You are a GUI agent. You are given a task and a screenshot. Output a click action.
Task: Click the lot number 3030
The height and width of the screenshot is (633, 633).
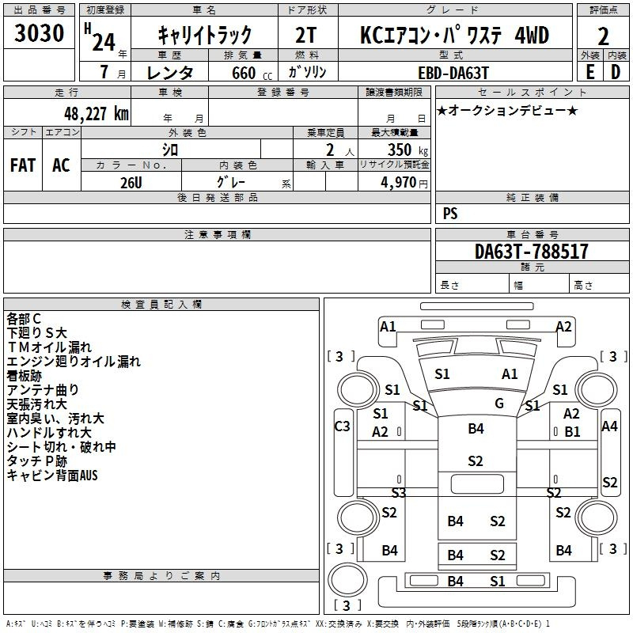tap(39, 32)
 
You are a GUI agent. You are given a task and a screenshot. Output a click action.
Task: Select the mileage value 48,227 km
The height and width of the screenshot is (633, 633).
tap(96, 114)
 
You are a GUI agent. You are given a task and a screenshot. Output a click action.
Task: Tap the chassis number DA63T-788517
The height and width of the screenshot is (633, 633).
tap(531, 251)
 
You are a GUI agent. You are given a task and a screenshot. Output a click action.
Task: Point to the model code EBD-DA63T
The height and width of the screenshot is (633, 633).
tap(453, 73)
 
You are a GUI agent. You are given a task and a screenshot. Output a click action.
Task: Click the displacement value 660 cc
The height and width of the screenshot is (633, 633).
tap(252, 73)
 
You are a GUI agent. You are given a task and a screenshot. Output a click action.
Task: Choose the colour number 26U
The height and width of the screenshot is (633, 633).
tap(131, 183)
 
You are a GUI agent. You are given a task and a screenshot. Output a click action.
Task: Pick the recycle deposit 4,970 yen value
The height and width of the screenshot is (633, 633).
tap(404, 183)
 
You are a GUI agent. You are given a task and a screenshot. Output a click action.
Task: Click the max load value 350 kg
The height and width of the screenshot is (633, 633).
tap(407, 150)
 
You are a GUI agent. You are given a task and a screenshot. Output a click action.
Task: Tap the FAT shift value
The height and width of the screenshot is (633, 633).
tap(23, 165)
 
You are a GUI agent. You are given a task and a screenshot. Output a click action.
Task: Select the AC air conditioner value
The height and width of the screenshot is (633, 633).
tap(61, 165)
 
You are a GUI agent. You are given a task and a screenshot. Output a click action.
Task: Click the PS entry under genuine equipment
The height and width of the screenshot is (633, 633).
tap(450, 213)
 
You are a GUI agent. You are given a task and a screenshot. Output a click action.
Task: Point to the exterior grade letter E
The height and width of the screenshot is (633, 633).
tap(589, 72)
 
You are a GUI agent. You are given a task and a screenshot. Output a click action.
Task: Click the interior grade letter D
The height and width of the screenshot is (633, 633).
tap(616, 72)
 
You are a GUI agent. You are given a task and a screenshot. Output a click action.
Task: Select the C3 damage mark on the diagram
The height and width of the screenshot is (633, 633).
tap(343, 426)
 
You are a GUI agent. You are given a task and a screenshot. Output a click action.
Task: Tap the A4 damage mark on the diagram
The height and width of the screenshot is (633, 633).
tap(609, 426)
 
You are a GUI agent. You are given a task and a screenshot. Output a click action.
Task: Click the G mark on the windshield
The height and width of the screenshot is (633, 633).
tap(499, 404)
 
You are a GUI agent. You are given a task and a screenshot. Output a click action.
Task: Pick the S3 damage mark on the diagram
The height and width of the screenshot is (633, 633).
tap(399, 492)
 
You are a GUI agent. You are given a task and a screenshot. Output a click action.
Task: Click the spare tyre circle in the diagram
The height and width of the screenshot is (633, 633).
tap(347, 580)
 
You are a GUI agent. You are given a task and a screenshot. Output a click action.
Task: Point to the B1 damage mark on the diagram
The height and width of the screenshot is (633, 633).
tap(572, 432)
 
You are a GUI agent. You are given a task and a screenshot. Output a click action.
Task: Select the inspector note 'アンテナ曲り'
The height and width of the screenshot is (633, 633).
tap(43, 390)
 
